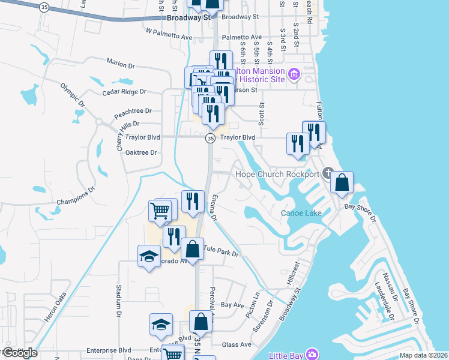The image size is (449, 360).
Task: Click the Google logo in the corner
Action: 20,353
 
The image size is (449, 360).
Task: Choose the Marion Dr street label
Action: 121,64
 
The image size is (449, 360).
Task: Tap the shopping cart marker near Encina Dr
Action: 160,210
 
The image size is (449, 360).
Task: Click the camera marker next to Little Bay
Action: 312,354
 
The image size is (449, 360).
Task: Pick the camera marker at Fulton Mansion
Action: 294,75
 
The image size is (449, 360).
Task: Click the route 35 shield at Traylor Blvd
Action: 210,138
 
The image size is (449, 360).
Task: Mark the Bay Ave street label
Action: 233,305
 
